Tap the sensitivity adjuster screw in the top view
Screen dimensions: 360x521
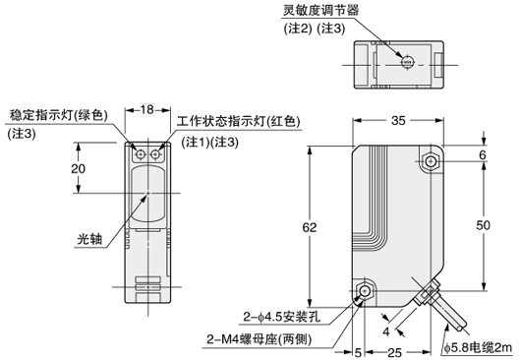407,61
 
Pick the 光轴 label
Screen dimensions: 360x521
90,238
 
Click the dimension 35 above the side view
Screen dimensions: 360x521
397,122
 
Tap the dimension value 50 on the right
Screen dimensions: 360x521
483,226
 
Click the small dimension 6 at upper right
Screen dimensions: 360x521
483,154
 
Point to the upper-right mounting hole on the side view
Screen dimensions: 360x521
431,160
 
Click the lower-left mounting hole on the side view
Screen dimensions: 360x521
366,292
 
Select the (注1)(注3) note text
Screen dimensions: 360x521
212,142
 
